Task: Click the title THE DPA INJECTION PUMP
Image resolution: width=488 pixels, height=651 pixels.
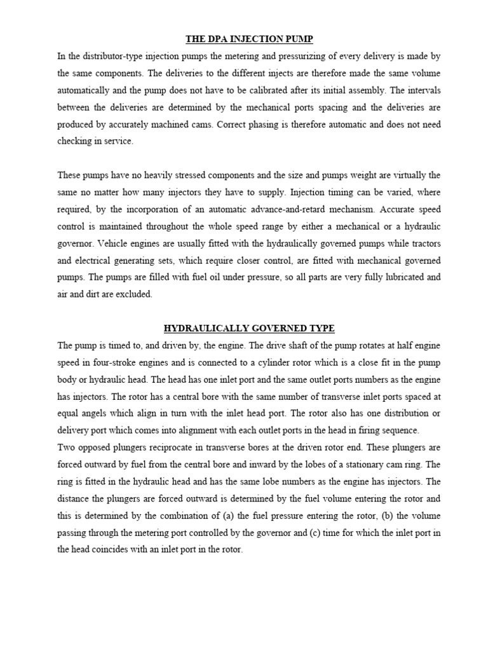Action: (249, 39)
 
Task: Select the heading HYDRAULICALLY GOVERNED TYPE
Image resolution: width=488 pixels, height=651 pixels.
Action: (249, 328)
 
